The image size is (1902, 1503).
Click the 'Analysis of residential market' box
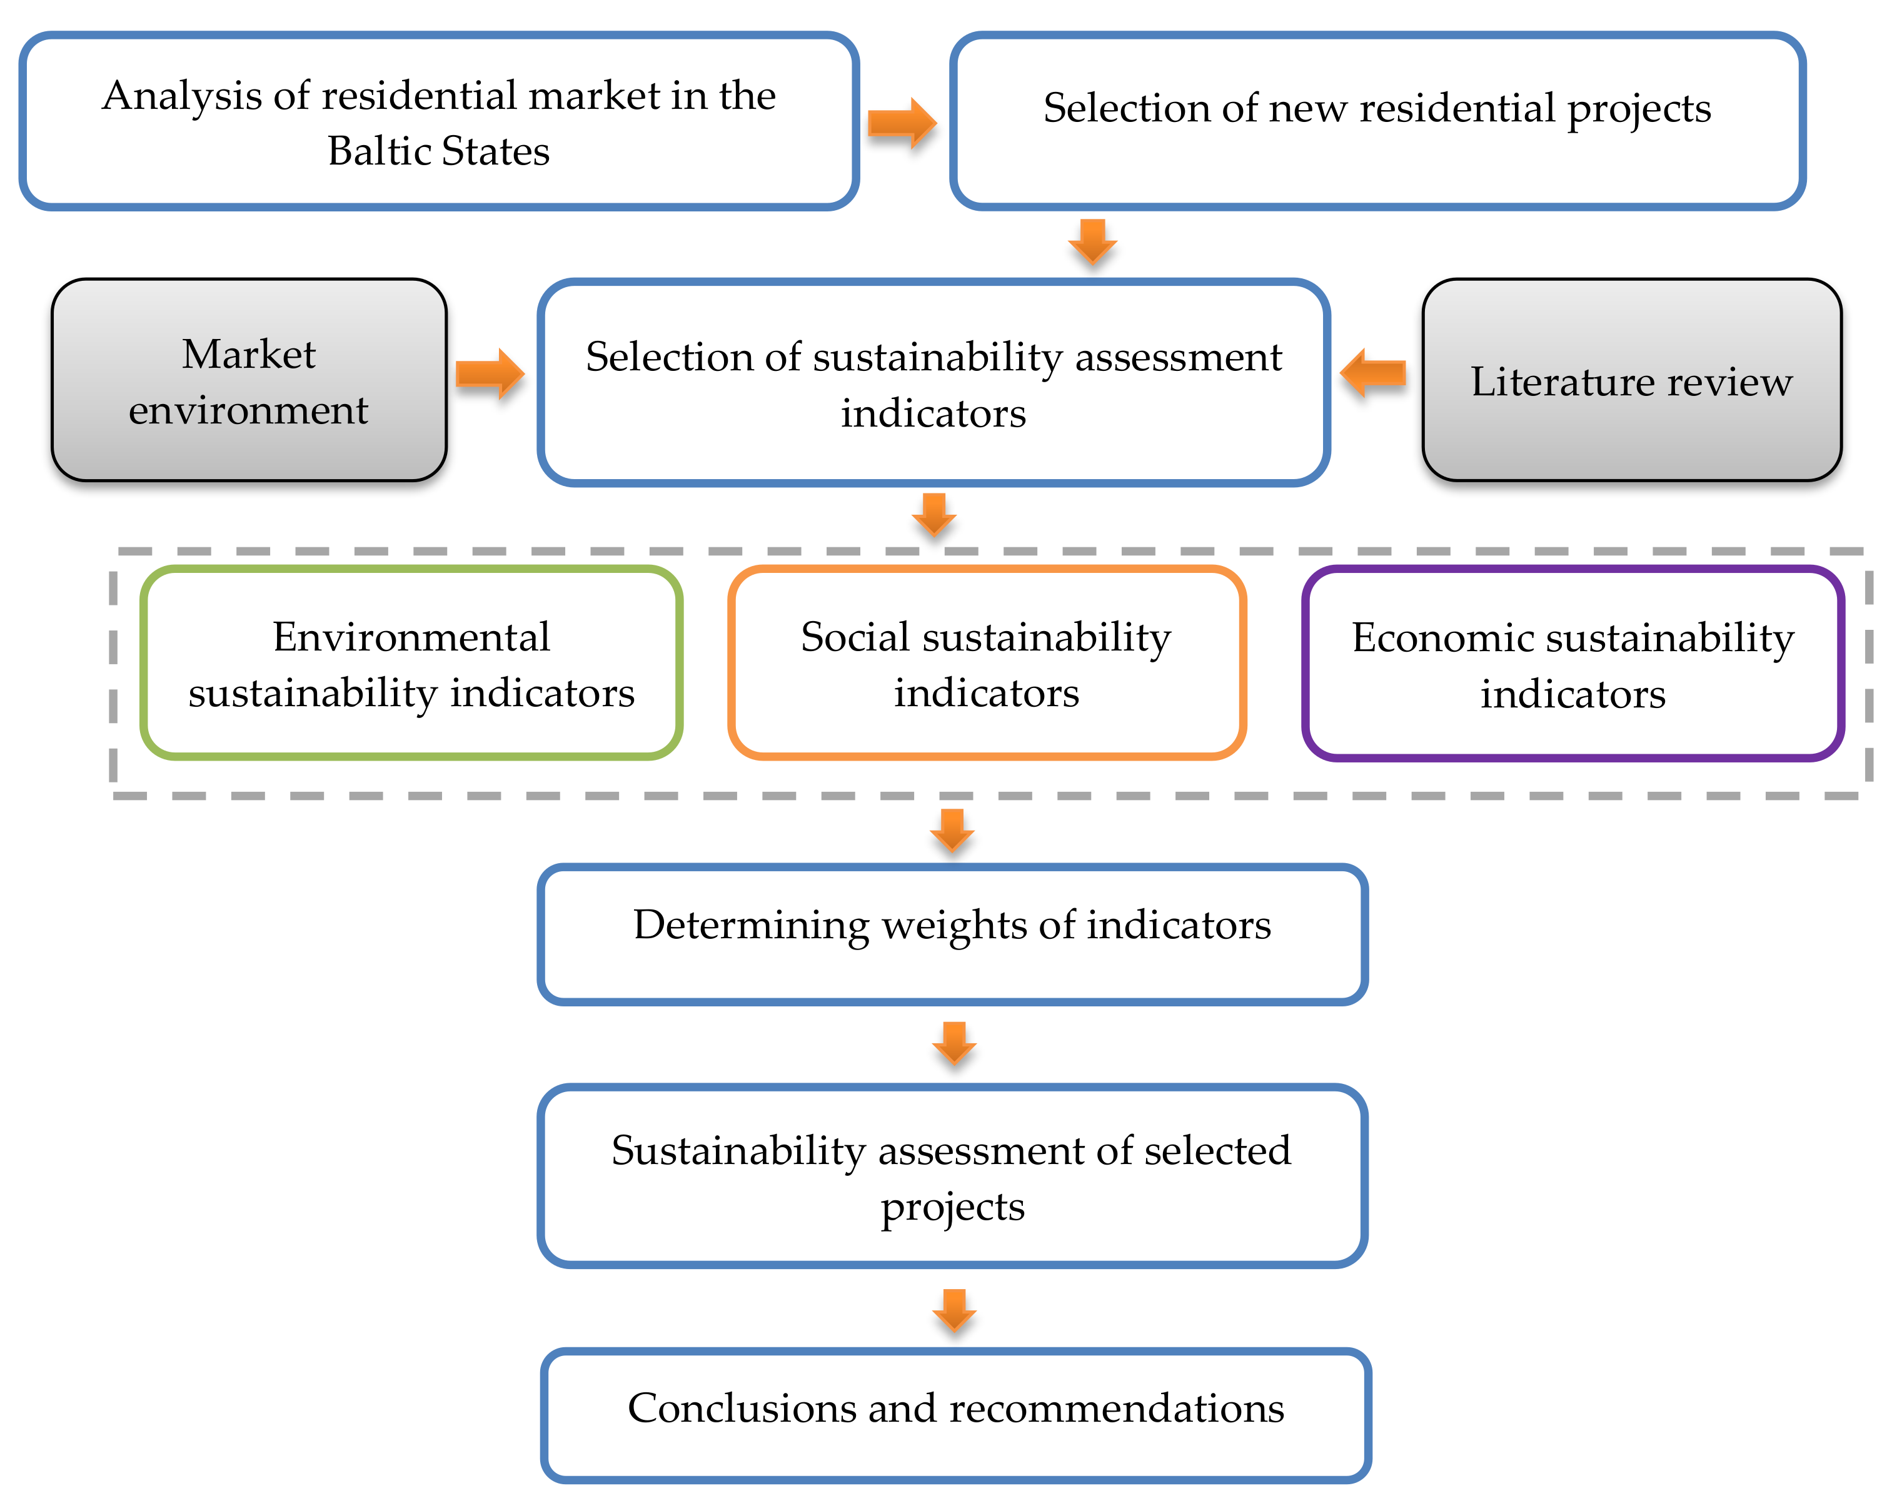[438, 121]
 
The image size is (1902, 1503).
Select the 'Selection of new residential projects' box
[1377, 121]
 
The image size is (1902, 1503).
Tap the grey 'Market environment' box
[249, 380]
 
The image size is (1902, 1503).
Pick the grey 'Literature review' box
[1631, 380]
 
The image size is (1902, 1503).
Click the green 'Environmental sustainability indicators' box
[411, 662]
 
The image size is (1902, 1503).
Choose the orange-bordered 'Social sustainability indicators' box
[986, 662]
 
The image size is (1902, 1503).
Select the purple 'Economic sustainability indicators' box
[1572, 662]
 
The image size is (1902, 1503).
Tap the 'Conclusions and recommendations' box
[955, 1415]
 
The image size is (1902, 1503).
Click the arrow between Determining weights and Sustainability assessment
[955, 1043]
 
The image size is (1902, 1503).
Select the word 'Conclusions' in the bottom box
[740, 1408]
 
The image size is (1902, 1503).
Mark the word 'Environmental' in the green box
[411, 636]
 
